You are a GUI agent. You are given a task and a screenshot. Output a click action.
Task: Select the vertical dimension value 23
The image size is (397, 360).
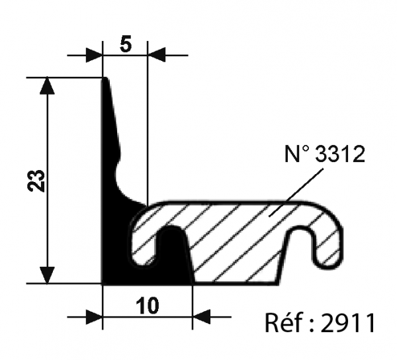[37, 181]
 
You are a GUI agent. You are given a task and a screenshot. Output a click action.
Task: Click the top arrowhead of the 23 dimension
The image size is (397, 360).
[47, 86]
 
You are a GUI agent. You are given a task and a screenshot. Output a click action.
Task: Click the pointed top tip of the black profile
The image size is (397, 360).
[105, 81]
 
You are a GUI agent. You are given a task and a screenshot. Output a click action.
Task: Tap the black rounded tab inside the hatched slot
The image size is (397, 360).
[173, 245]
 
